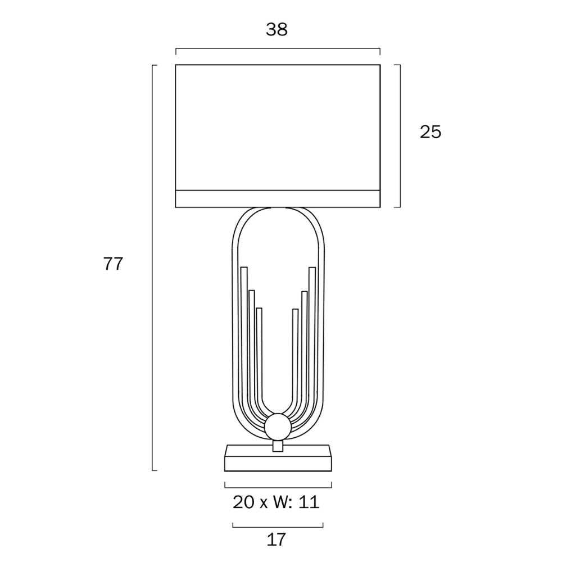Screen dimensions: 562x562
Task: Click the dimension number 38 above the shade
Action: [x=277, y=30]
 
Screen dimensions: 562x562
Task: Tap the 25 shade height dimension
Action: [x=430, y=132]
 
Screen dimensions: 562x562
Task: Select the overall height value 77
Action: [x=113, y=264]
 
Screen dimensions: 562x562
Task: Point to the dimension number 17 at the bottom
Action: [x=277, y=540]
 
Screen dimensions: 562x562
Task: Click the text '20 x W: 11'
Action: [x=277, y=502]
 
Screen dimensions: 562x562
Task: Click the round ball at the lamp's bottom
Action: [x=278, y=428]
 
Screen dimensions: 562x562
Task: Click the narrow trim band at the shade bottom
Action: [x=278, y=199]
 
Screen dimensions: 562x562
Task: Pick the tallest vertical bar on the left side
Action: [x=244, y=337]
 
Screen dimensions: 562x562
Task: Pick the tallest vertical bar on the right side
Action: [x=312, y=337]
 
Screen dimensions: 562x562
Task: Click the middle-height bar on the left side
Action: [x=252, y=343]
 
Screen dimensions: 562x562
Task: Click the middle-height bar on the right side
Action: [x=305, y=343]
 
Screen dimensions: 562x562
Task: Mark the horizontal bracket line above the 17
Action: [x=278, y=527]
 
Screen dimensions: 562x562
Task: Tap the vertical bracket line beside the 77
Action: [x=153, y=268]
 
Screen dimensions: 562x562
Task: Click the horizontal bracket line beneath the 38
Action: [x=278, y=49]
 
